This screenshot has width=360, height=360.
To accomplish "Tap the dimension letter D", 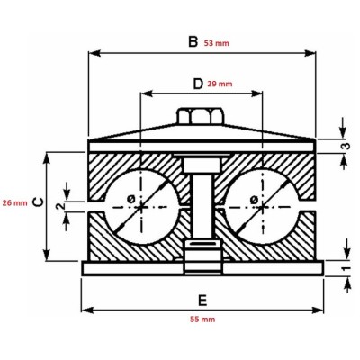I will [198, 84].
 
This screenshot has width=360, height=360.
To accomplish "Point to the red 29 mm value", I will [220, 84].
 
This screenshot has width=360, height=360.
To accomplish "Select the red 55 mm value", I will [202, 319].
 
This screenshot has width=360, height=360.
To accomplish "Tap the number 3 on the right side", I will [344, 146].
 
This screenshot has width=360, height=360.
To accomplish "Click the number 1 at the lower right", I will [344, 268].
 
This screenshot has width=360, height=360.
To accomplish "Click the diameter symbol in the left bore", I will [132, 199].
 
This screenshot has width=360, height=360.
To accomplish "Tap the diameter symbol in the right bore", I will [255, 199].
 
